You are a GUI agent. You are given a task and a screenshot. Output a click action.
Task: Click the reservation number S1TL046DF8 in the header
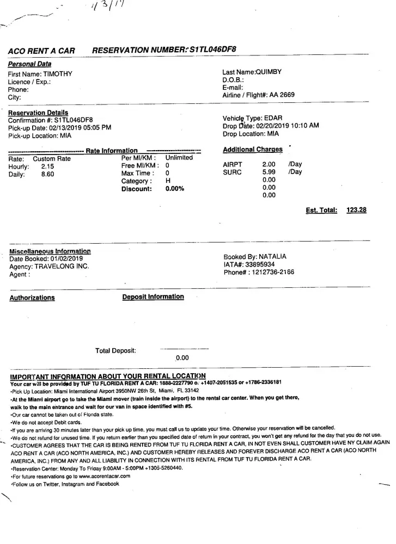tap(209, 50)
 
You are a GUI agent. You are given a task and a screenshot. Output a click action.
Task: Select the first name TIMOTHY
tap(57, 74)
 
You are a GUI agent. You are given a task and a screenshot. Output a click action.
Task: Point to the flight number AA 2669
tap(282, 95)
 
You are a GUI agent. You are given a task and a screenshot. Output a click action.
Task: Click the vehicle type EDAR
tap(273, 118)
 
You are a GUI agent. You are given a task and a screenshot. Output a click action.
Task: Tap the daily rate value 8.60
tap(47, 175)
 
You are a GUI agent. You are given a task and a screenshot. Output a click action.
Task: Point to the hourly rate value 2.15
tap(47, 166)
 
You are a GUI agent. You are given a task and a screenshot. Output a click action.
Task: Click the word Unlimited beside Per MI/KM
tap(179, 158)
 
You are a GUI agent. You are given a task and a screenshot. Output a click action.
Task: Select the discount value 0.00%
tap(175, 189)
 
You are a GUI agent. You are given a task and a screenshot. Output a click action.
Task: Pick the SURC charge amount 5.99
tap(269, 172)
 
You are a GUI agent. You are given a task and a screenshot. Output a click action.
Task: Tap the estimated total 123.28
tap(356, 210)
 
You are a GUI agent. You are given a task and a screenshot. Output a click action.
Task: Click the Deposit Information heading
tap(153, 297)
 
